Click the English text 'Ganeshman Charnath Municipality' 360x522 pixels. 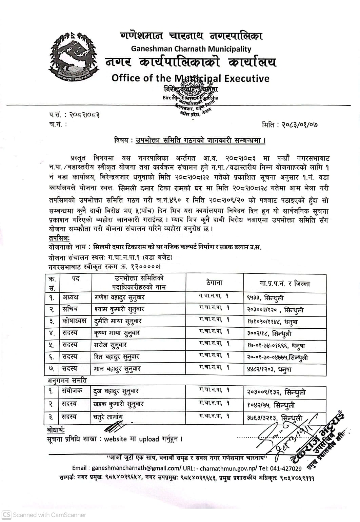191,49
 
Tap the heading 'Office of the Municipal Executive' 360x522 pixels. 190,78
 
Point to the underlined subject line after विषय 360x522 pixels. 200,140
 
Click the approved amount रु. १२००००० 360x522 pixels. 139,267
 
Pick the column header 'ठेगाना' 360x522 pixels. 214,283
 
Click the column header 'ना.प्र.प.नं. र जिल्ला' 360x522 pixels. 285,284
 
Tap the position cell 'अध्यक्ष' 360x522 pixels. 70,297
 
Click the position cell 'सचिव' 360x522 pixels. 70,309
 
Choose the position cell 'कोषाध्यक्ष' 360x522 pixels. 74,321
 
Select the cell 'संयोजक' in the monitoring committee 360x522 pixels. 72,391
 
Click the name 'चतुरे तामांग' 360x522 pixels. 108,417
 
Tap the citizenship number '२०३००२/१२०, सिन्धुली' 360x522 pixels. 275,310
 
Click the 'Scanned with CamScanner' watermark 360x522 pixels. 44,515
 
